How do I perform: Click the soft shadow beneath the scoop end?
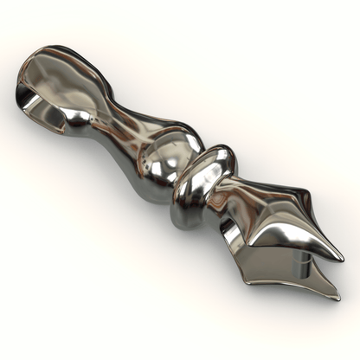coord(52,151)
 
